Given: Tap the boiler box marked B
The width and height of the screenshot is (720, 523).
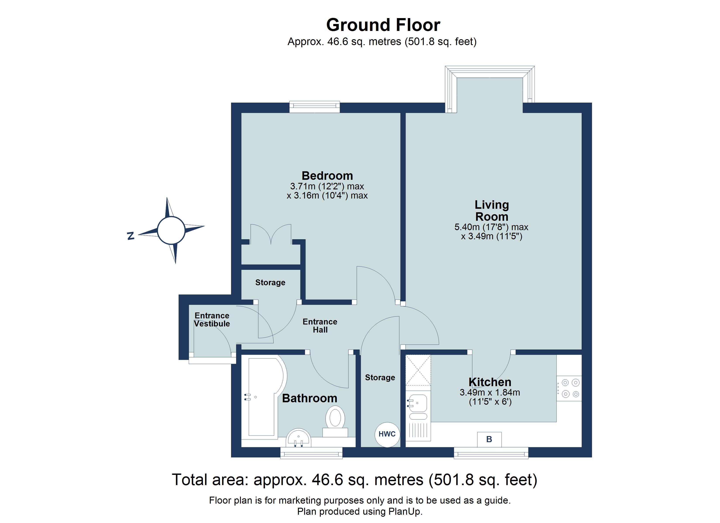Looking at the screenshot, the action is click(489, 439).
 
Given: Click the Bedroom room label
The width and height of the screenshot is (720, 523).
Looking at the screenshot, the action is click(327, 175).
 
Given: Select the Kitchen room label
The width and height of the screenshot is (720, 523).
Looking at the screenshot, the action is click(490, 382).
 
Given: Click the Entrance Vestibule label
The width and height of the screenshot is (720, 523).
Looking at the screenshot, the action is click(212, 319).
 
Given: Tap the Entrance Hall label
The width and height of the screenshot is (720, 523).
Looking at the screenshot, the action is click(320, 326).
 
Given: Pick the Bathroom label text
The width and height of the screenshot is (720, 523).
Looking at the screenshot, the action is click(310, 398).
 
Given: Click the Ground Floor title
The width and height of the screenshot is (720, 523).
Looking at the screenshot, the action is click(383, 25).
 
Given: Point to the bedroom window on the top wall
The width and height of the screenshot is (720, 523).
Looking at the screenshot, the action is click(315, 107).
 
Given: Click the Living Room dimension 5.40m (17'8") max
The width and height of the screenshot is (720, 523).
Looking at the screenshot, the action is click(491, 227).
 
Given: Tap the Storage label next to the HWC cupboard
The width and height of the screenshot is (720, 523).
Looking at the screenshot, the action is click(380, 377).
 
